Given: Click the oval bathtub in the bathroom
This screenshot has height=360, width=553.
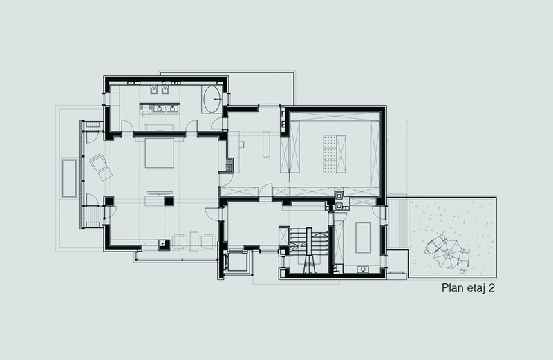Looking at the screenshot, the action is (212, 99).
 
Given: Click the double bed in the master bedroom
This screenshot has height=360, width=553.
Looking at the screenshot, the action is (160, 153).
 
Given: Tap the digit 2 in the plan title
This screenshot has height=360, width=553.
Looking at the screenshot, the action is (491, 288).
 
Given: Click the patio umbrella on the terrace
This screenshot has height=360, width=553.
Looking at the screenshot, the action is (448, 253).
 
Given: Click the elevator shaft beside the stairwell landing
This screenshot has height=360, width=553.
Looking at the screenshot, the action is (236, 261).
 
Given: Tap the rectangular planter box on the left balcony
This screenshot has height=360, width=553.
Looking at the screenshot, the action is (69, 178).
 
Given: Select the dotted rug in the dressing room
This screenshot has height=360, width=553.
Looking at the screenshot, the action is (329, 154).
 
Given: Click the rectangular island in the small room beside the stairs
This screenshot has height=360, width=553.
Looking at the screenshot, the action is (363, 237).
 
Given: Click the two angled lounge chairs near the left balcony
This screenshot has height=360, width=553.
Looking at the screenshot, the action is (101, 167).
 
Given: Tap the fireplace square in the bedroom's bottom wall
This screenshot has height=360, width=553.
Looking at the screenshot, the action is (164, 244).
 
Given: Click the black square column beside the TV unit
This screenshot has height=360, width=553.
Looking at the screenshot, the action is (169, 201).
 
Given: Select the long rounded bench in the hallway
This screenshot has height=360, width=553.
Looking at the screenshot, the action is (267, 144).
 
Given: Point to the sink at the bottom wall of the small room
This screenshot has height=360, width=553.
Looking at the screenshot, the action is (363, 269).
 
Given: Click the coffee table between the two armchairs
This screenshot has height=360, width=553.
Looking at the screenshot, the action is (194, 241).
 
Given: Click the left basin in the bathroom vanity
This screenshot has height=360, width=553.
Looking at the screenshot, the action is (160, 108).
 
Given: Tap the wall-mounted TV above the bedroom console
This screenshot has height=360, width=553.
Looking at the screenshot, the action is (160, 193).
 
